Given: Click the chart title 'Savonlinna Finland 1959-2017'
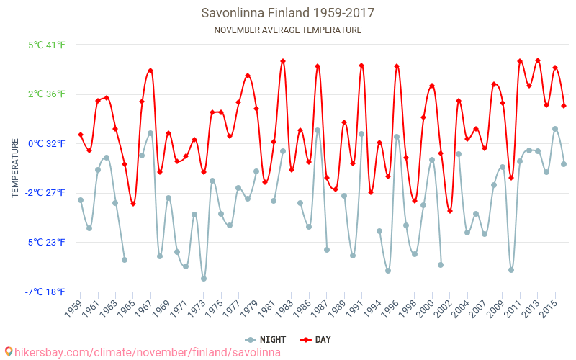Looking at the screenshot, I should point(288,13).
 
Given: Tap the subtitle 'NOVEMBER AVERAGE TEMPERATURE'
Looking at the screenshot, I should point(288,30).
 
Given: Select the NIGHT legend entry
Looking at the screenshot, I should point(266,339).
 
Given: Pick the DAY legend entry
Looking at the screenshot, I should point(316,339).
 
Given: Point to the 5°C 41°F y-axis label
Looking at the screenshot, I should point(47,45).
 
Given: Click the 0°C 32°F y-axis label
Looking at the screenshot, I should point(47,143).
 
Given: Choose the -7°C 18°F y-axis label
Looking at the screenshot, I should point(47,292).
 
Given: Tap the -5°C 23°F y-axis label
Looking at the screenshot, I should point(47,242).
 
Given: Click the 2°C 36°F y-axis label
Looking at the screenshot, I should point(47,94).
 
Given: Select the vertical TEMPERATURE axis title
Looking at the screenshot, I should point(15,168).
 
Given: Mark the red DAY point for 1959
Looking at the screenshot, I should point(81,135).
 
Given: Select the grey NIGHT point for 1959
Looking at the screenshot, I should point(81,200).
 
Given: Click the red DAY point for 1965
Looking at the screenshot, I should point(133,204).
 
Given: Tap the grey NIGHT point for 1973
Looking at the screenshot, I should point(204,279).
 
